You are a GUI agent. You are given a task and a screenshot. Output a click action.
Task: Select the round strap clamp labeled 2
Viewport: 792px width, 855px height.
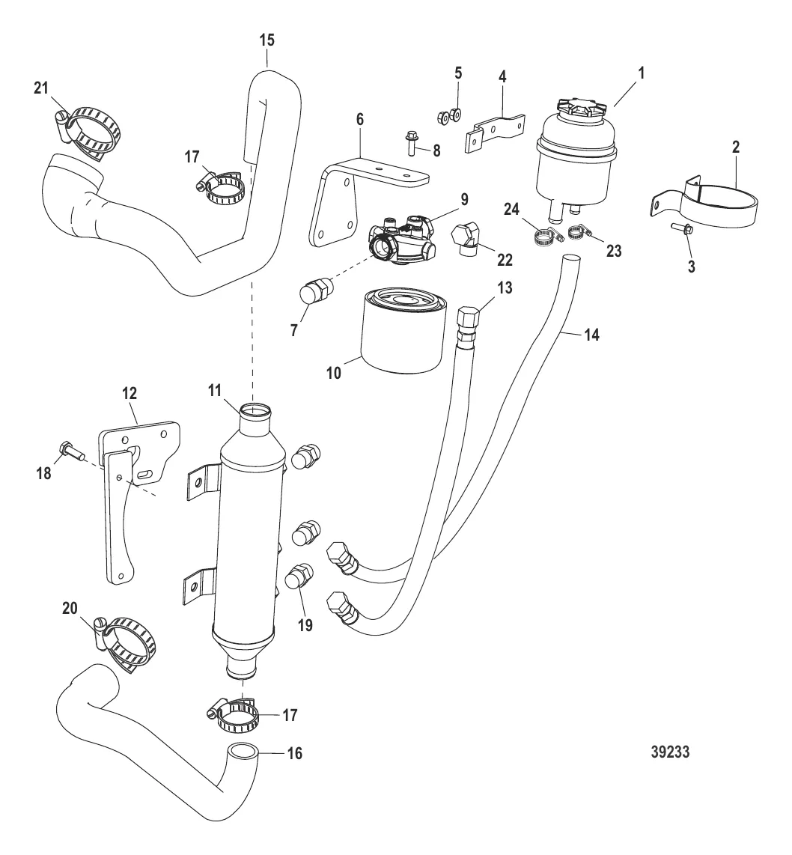707,199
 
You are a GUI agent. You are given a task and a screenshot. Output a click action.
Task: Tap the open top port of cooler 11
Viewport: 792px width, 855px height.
254,410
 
